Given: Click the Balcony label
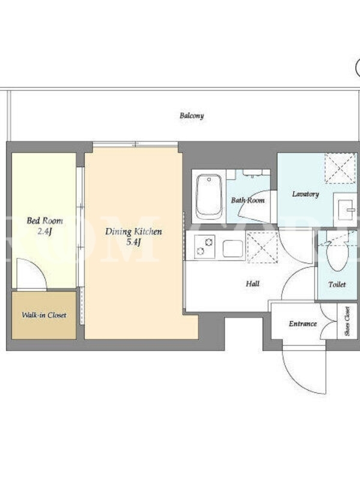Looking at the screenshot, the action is coord(191,115).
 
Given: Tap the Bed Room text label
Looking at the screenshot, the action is coord(44,220).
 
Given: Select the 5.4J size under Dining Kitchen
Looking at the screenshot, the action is coord(133,242).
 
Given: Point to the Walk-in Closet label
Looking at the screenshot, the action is coord(44,314).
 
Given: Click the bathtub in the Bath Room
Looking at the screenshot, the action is coord(209,197).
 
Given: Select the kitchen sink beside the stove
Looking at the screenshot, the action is coord(233,248).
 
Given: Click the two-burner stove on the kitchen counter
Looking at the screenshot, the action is coord(204,247).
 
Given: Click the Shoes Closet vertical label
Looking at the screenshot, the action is coord(347,321).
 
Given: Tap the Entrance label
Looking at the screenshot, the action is coord(302,323).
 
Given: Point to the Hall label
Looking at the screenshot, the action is coord(253,284).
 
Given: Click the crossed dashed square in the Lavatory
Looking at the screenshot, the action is coord(340,168).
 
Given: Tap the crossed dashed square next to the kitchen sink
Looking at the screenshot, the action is coord(262,247).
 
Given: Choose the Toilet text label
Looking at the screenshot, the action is coord(337,284).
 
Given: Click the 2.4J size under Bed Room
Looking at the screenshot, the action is coord(44,232).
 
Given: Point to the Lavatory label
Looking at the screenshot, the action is coord(305,194).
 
